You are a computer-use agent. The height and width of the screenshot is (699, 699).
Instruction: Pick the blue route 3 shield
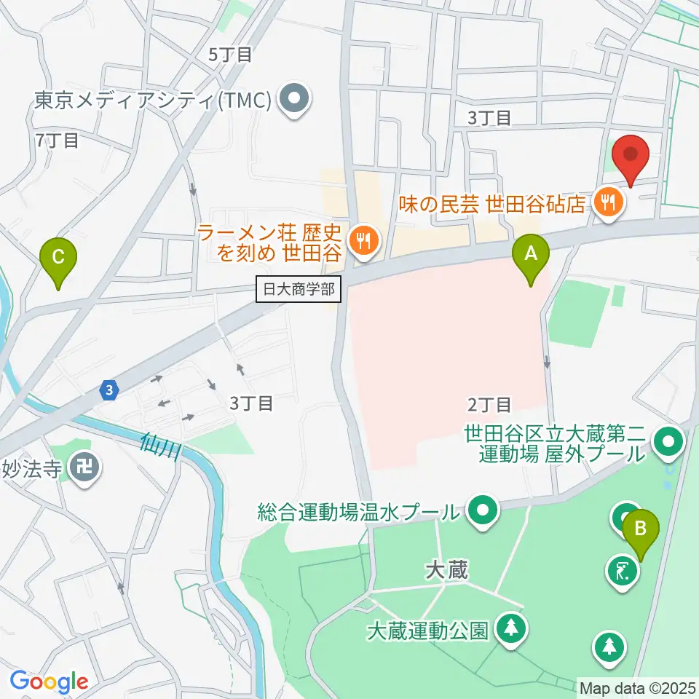pyautogui.click(x=108, y=390)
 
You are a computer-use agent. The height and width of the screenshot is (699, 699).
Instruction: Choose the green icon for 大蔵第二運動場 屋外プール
pyautogui.click(x=668, y=441)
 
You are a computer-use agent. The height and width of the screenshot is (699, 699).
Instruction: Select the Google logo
pyautogui.click(x=49, y=682)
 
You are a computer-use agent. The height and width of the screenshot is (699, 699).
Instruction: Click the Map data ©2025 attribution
pyautogui.click(x=637, y=687)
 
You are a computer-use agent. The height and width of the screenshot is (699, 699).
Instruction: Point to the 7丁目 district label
pyautogui.click(x=57, y=140)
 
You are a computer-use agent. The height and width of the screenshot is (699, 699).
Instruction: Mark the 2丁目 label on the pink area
pyautogui.click(x=490, y=404)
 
